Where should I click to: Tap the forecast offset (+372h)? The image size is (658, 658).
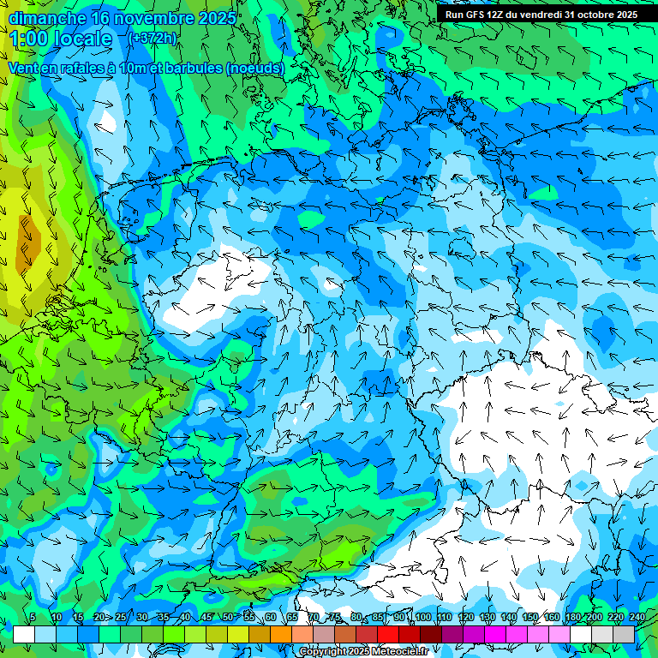152,39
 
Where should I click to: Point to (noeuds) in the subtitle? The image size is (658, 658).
254,67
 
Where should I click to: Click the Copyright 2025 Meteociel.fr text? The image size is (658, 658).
364,652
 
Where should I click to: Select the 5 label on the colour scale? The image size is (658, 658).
33,617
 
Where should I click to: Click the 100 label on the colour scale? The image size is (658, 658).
422,617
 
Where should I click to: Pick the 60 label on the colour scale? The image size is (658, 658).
271,617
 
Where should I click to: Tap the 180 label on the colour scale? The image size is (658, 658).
572,617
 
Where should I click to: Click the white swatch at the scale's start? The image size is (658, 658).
24,634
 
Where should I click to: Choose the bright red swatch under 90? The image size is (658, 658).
389,634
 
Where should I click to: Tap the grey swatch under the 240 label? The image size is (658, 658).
625,634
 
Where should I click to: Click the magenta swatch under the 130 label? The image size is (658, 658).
497,634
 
